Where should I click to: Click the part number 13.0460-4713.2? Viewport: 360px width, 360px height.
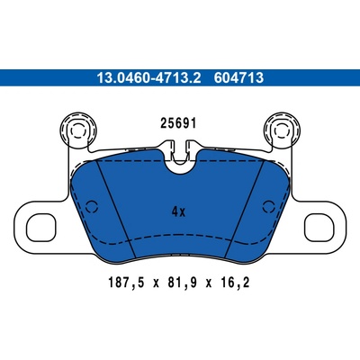click(148, 78)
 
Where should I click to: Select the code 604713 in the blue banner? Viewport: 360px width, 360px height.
click(238, 78)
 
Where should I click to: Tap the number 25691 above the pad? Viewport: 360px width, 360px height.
click(178, 123)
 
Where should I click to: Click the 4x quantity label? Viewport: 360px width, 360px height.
click(179, 212)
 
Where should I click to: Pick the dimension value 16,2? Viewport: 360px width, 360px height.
click(235, 283)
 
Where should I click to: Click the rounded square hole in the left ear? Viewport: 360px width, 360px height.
click(41, 228)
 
